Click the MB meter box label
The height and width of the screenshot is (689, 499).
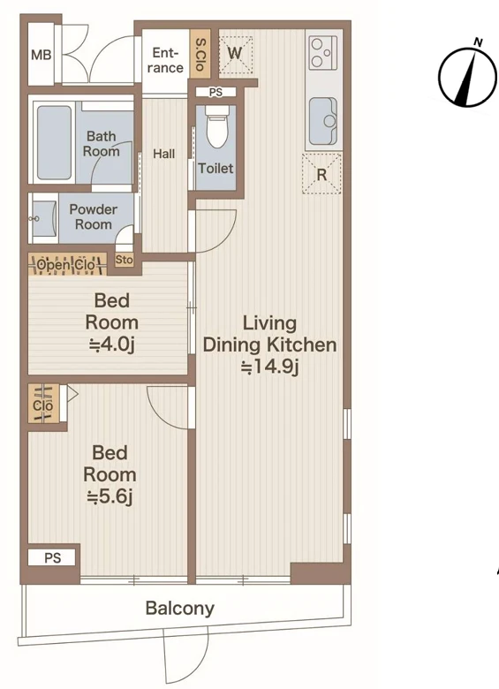coord(42,56)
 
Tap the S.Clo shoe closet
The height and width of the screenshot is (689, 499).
coord(200,55)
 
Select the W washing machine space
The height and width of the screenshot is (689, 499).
coord(236,54)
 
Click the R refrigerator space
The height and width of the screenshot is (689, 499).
coord(321,173)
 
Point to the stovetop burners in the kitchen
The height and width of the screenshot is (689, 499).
coord(323,53)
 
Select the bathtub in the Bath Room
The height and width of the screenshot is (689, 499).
coord(54,142)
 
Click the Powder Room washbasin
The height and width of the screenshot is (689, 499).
coord(44,218)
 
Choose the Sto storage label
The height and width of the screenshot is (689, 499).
coord(124,260)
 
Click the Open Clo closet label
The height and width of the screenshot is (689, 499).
coord(66,264)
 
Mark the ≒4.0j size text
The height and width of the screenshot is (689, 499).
coord(111,344)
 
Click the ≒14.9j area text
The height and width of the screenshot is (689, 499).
coord(269,367)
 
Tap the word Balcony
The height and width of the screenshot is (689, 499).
coord(179,609)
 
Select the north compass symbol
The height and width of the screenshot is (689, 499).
coord(468,77)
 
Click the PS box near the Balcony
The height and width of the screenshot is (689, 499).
coord(52,558)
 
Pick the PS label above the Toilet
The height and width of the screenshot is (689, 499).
coord(215,92)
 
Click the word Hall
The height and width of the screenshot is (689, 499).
coord(164,154)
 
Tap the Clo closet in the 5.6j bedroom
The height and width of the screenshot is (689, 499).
coord(43,404)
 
